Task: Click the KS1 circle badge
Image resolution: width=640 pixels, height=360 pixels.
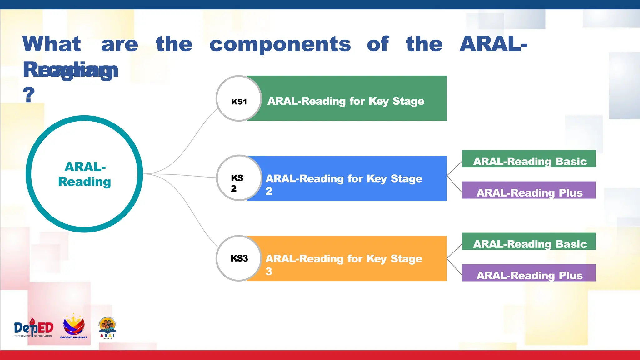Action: [239, 99]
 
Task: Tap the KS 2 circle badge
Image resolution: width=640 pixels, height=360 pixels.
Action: [239, 178]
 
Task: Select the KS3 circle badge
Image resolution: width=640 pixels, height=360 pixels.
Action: [239, 258]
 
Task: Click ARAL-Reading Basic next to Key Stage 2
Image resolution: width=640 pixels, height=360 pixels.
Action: [529, 159]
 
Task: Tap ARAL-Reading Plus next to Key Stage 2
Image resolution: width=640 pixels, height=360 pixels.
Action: [529, 190]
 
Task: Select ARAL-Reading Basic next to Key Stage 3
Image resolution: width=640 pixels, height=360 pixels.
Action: [529, 242]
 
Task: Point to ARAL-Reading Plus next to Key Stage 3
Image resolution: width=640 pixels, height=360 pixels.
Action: [529, 273]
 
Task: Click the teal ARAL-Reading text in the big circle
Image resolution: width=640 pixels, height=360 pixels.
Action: [85, 174]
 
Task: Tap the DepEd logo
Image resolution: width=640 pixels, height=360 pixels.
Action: [33, 328]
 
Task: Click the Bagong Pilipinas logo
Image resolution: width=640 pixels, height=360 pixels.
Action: [74, 327]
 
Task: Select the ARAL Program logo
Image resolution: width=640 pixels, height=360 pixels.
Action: [108, 328]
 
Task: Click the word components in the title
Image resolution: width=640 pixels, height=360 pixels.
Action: [280, 44]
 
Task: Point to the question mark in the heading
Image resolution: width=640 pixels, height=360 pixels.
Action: [29, 94]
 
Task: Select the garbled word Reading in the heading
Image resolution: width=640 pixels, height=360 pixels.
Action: [71, 70]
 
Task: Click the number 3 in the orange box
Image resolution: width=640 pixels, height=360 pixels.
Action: [269, 271]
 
